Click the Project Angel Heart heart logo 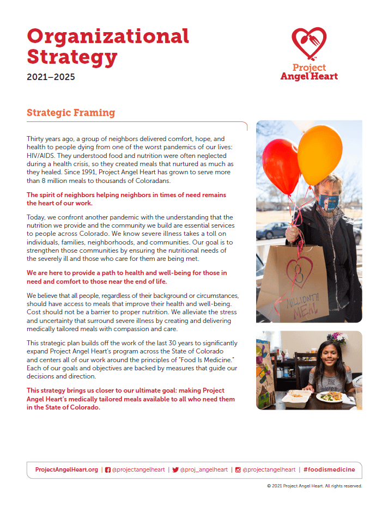click(309, 45)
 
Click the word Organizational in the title click(108, 36)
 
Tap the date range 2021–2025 click(51, 77)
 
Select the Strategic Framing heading click(71, 113)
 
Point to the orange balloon click(320, 147)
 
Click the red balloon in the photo click(281, 166)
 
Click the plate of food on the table click(330, 396)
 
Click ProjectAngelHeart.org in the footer click(66, 469)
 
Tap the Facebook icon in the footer click(108, 469)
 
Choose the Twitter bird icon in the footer click(175, 469)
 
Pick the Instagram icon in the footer click(238, 469)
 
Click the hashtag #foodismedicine click(329, 469)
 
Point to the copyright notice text click(314, 486)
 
